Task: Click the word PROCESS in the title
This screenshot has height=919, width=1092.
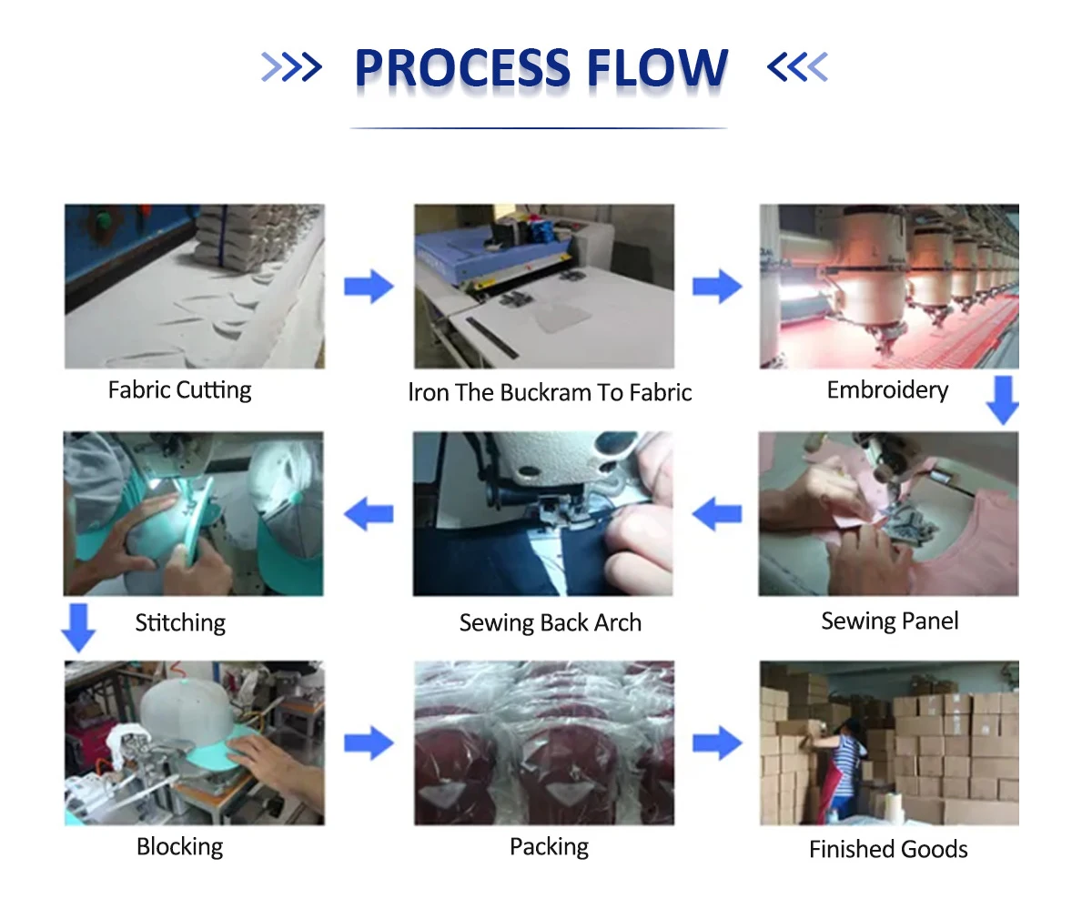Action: (462, 67)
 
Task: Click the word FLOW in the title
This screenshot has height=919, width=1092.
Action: (657, 67)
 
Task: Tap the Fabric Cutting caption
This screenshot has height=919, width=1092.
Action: (179, 390)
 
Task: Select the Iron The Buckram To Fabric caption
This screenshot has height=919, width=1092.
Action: (550, 392)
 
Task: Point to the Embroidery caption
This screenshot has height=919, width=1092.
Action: (887, 390)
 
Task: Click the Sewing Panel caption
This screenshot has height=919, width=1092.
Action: (890, 621)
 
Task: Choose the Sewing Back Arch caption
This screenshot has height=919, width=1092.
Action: (551, 622)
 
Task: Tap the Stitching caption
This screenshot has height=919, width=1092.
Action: (180, 623)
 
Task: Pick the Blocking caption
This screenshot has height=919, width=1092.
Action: (180, 847)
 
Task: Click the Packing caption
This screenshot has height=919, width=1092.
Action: (549, 847)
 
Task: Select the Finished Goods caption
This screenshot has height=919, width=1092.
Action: (888, 849)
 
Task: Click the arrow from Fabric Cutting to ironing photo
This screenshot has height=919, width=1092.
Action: (369, 286)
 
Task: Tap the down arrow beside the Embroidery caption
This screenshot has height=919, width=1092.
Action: (1002, 400)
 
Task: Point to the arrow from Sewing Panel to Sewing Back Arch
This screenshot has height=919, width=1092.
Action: (716, 513)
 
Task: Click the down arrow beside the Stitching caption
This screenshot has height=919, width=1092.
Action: (78, 628)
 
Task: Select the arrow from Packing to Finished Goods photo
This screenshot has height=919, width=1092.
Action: (717, 742)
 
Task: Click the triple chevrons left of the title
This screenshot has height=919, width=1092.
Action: (291, 67)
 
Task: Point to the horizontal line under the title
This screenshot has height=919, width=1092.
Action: (539, 127)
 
